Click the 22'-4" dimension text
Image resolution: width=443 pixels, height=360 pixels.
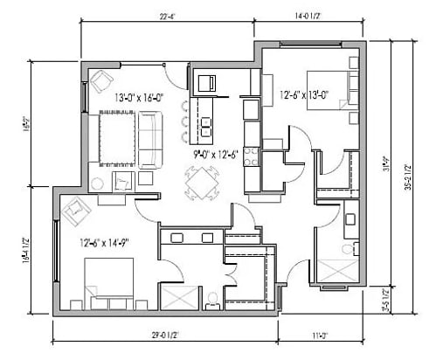pyautogui.click(x=170, y=15)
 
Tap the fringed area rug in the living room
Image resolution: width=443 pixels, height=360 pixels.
pyautogui.click(x=115, y=140)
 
